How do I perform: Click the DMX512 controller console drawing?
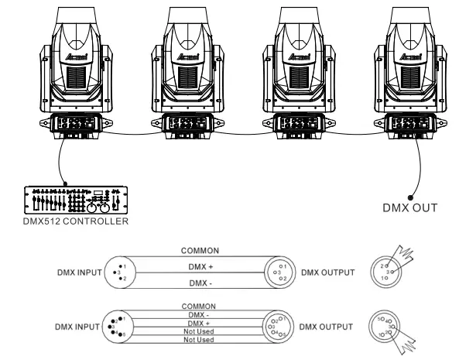click(75, 201)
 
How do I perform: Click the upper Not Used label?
click(200, 331)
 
